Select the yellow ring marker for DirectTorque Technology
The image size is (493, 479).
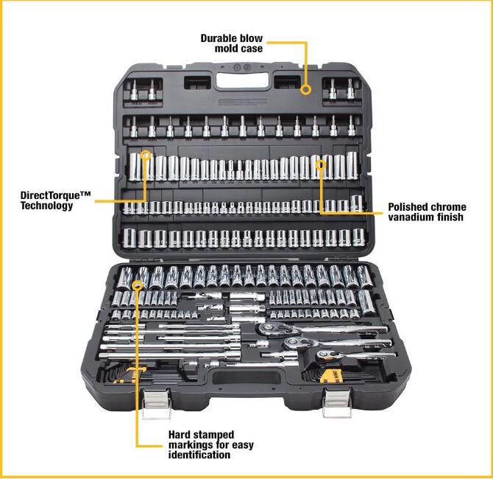pos(146,156)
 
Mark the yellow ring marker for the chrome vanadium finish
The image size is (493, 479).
pos(320,163)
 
